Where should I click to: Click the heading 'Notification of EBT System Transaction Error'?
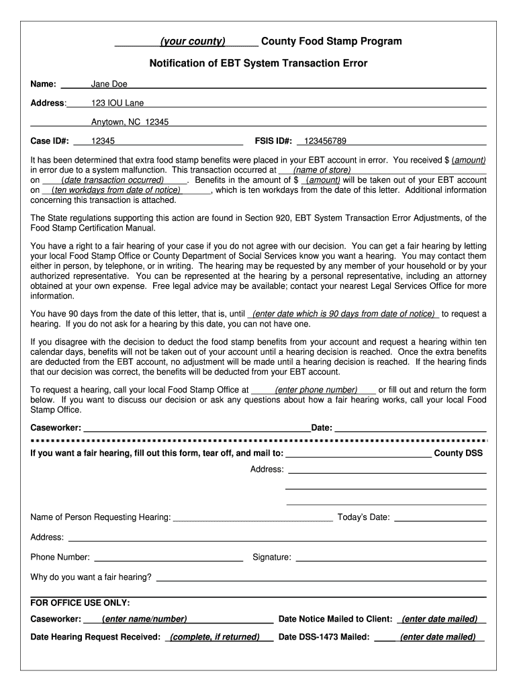tap(258, 63)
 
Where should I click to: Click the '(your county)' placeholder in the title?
tap(192, 42)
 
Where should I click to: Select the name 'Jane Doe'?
tap(109, 84)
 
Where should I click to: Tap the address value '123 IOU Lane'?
tap(117, 103)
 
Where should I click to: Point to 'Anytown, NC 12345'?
tap(130, 122)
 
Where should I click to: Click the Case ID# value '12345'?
tap(103, 141)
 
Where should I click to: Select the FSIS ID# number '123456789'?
tap(325, 141)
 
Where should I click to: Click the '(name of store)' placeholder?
tap(322, 170)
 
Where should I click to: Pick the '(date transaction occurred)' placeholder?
tap(112, 180)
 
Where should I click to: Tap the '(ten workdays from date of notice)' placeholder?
tap(115, 190)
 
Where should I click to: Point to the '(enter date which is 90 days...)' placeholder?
tap(343, 314)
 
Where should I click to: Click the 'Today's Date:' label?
tap(363, 517)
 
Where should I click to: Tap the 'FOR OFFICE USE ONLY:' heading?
tap(81, 603)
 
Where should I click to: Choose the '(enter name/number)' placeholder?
tap(144, 619)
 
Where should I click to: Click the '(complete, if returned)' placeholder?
tap(215, 637)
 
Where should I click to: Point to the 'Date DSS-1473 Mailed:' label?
tap(324, 637)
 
